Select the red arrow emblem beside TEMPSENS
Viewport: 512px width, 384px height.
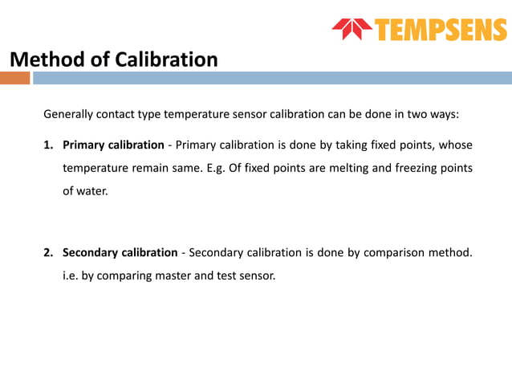tap(351, 29)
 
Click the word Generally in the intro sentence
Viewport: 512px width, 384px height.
tap(68, 114)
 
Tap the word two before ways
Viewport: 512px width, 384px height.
tap(408, 114)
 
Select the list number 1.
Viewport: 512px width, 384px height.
tap(47, 145)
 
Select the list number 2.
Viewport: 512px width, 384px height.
tap(47, 253)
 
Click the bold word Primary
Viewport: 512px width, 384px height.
tap(84, 145)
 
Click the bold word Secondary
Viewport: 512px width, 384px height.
tap(92, 253)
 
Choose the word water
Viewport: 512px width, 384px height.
tap(91, 192)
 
